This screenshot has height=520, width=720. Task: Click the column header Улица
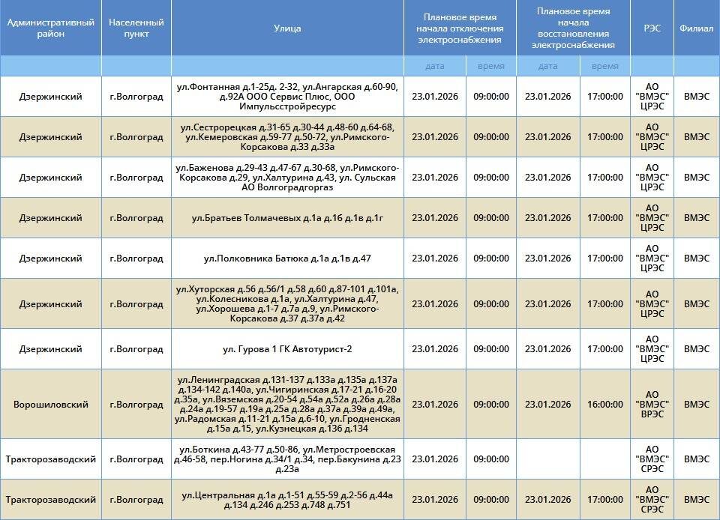click(x=287, y=28)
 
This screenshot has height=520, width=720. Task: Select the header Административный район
click(x=51, y=28)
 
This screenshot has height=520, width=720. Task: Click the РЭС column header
click(x=652, y=28)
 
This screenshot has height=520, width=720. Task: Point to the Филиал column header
click(x=696, y=28)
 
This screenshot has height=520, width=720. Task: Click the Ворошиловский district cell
click(x=51, y=405)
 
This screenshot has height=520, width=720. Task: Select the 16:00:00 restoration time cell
click(x=604, y=405)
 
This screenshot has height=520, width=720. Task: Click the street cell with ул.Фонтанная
click(x=287, y=97)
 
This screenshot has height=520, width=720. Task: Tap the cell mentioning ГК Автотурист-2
click(x=287, y=349)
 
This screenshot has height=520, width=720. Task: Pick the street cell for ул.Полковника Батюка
click(x=287, y=259)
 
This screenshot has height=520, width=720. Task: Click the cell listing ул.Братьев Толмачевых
click(x=287, y=218)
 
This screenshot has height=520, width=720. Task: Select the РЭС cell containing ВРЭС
click(x=652, y=405)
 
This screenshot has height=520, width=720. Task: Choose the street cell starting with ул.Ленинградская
click(x=287, y=405)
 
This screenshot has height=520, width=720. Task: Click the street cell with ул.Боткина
click(x=287, y=459)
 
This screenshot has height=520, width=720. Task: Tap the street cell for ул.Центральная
click(x=287, y=500)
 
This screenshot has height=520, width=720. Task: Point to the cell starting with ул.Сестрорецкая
click(x=287, y=137)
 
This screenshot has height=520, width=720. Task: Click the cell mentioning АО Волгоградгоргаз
click(x=287, y=178)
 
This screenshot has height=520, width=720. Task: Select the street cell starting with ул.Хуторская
click(x=287, y=303)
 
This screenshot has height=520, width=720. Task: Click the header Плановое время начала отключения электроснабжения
click(x=460, y=28)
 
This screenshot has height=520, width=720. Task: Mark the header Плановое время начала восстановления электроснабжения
click(x=573, y=28)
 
